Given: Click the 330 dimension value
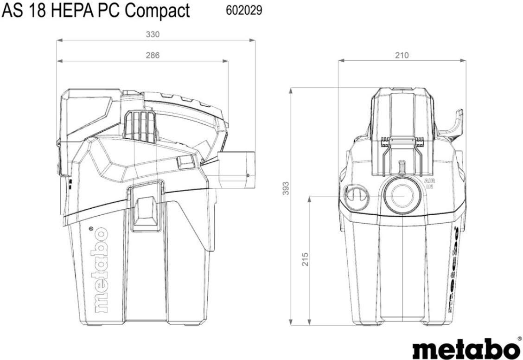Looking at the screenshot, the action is click(153, 34).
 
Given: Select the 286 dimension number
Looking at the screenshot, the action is click(153, 55).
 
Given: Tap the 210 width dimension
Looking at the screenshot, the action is click(402, 55).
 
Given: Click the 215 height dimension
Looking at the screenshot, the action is click(305, 259).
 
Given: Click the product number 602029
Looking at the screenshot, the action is click(244, 11).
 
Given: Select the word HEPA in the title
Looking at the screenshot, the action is click(73, 11).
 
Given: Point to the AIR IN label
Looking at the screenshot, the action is click(429, 184).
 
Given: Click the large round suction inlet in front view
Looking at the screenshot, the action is click(402, 195).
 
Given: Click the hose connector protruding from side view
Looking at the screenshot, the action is click(236, 169).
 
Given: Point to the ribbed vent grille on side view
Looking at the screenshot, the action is click(140, 126).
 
